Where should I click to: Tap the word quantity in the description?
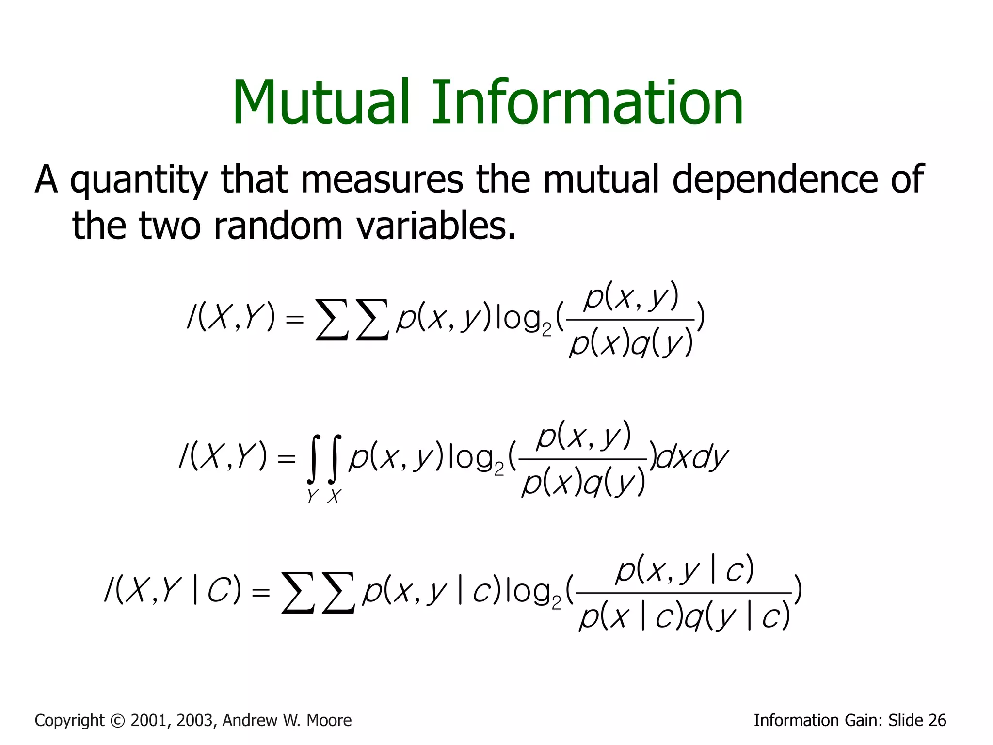coord(139,180)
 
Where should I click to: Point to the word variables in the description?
coord(435,226)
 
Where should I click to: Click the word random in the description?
coord(277,226)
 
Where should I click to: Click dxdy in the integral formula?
coord(692,458)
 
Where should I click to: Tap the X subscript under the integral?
coord(334,497)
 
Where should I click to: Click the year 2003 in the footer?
coord(196,721)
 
